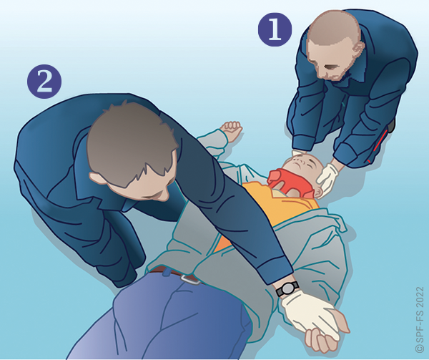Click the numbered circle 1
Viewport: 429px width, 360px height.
click(275, 29)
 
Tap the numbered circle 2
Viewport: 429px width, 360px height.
click(44, 82)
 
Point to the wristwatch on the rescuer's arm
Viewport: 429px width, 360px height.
click(287, 289)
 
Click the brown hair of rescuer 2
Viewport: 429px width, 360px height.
click(132, 142)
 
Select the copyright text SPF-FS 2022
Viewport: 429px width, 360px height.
click(420, 319)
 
